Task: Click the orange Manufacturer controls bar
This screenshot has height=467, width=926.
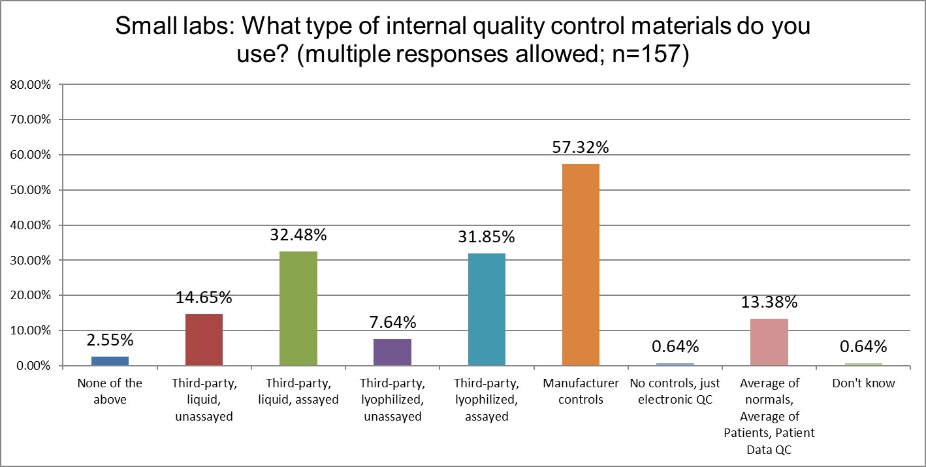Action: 581,265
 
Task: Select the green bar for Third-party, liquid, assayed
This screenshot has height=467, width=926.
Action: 298,308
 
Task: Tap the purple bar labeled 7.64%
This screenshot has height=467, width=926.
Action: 392,352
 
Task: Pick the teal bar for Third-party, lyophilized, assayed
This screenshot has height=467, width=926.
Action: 487,310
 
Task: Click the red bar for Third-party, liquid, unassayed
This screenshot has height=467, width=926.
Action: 204,340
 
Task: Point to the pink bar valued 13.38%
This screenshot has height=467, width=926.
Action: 769,342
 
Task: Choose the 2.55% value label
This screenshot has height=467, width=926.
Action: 110,340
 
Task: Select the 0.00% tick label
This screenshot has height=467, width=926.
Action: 32,366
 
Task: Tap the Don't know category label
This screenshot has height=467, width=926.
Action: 863,383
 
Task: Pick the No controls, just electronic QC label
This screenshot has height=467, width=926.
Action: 675,391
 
